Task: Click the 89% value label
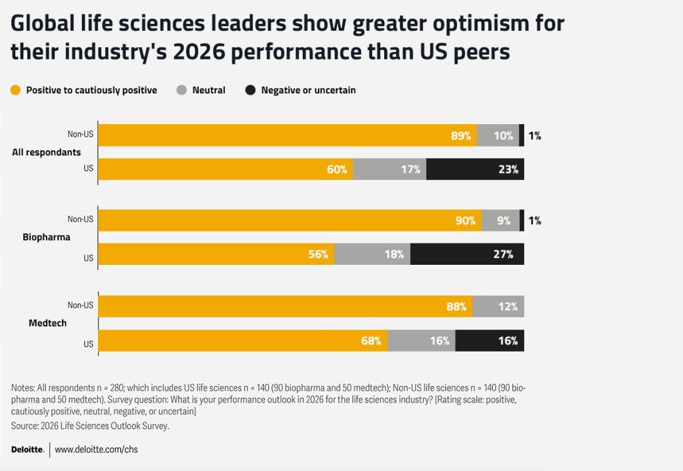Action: click(x=461, y=135)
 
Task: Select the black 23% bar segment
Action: click(x=475, y=169)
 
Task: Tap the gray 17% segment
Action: click(x=390, y=169)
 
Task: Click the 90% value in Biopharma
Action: click(x=465, y=220)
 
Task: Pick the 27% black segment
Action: click(x=467, y=254)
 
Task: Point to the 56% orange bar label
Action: click(x=318, y=254)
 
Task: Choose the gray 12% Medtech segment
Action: click(x=498, y=307)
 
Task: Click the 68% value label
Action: click(x=371, y=341)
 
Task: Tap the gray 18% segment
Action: click(x=372, y=254)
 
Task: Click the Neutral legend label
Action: click(x=209, y=90)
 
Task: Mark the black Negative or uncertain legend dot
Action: click(x=251, y=90)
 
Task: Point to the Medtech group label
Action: click(x=47, y=324)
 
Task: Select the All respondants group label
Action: click(x=47, y=152)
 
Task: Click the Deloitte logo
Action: click(x=28, y=450)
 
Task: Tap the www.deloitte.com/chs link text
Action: click(x=96, y=450)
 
